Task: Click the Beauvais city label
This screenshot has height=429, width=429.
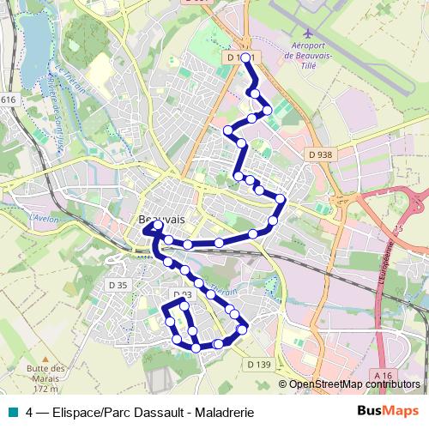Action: [162, 220]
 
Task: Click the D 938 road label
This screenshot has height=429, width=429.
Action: [319, 154]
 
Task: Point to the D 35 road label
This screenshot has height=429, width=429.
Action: [118, 285]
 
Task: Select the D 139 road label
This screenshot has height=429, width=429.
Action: [259, 365]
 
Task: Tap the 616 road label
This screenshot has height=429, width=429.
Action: [8, 100]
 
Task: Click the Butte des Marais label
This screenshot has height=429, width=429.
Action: [47, 374]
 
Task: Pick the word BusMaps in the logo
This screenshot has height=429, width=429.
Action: [388, 411]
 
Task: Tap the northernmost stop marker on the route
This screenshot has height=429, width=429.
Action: [246, 57]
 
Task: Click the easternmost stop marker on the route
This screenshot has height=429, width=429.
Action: [280, 200]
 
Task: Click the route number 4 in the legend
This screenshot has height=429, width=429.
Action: [30, 412]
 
